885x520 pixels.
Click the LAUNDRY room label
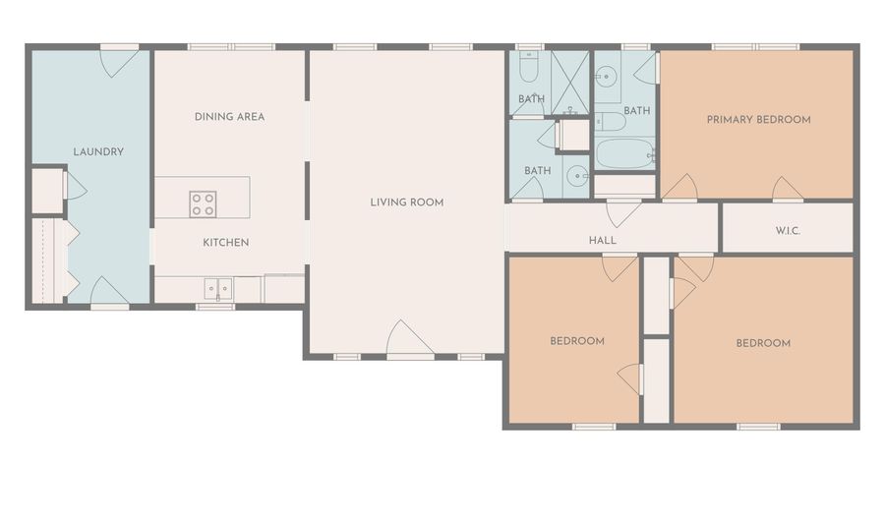(x=98, y=151)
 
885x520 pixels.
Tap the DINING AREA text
(x=230, y=117)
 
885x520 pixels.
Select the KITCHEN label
(x=226, y=243)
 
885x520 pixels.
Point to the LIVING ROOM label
(x=407, y=202)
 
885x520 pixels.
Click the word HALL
(x=602, y=240)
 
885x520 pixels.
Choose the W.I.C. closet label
(x=788, y=231)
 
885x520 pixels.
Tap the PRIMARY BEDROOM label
(x=758, y=120)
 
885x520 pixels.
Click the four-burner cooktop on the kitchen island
(x=203, y=204)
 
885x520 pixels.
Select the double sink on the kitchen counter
(x=218, y=289)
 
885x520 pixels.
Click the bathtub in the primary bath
(x=625, y=154)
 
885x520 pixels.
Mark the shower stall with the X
(x=570, y=83)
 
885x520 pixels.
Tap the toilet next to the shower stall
(x=529, y=69)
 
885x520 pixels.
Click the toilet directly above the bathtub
(x=610, y=121)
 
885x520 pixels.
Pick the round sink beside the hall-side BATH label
(x=576, y=176)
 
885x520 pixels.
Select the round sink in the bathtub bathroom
(x=607, y=76)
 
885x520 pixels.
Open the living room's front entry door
(x=410, y=339)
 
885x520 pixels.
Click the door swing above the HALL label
(x=623, y=213)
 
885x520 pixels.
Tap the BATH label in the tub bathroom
(x=636, y=111)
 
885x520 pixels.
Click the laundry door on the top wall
(x=120, y=62)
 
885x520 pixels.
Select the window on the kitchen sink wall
(x=215, y=307)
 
